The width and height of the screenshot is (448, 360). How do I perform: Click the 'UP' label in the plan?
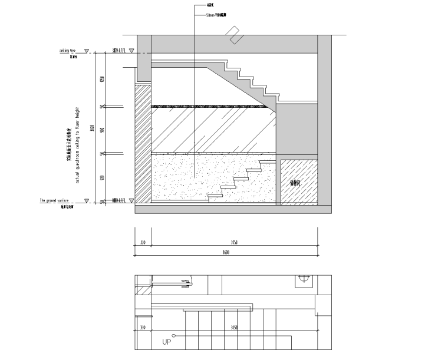[x=167, y=341]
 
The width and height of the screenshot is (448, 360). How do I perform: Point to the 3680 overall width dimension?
[x=226, y=252]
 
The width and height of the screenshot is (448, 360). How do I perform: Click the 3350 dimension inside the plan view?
[x=234, y=328]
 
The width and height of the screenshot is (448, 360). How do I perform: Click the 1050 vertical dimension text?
[x=102, y=80]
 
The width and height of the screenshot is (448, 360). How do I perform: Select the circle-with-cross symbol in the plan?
[x=304, y=278]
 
